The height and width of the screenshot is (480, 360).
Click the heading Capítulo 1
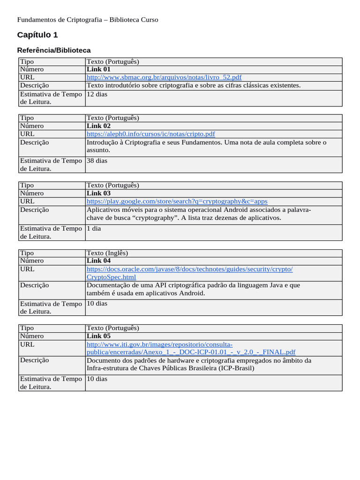[x=37, y=35]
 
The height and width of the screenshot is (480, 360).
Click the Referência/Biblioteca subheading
[x=54, y=50]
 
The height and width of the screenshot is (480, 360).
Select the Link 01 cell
[x=99, y=69]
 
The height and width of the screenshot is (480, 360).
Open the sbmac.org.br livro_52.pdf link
[x=164, y=77]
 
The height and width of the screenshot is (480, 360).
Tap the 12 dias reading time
[x=97, y=94]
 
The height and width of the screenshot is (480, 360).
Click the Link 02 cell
[x=99, y=126]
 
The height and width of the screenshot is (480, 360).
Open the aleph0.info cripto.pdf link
[x=151, y=134]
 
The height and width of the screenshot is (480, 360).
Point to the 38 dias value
[x=97, y=161]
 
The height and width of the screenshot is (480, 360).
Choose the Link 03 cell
[x=99, y=193]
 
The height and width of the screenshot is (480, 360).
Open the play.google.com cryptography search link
[x=177, y=201]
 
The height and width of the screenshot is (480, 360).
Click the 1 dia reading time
[x=94, y=229]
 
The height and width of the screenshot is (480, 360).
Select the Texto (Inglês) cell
[x=107, y=253]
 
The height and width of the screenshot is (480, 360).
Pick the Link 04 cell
[x=99, y=261]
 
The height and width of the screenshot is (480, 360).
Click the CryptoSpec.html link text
[x=112, y=277]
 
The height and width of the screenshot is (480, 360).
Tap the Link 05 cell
[x=99, y=336]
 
